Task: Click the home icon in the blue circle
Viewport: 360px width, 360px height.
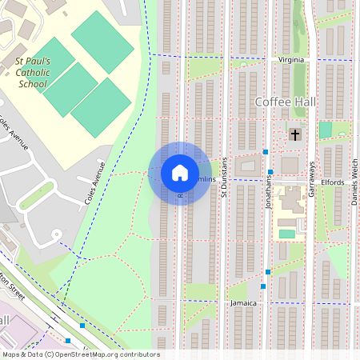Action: click(x=179, y=173)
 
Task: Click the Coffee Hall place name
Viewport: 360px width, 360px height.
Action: click(x=285, y=102)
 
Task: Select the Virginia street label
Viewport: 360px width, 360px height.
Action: click(x=291, y=60)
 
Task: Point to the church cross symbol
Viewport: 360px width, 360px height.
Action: click(x=295, y=134)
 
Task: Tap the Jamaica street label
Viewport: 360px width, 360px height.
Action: click(x=243, y=304)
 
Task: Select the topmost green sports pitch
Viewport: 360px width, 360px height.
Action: click(x=102, y=42)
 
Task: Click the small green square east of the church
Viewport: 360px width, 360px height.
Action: click(x=325, y=130)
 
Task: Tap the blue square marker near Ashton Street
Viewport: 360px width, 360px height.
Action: click(x=82, y=326)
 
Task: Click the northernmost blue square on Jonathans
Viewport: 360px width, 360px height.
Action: click(x=265, y=151)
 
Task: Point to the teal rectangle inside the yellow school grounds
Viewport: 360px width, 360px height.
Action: click(x=287, y=233)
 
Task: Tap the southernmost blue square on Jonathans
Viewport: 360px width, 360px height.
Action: click(x=262, y=286)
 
